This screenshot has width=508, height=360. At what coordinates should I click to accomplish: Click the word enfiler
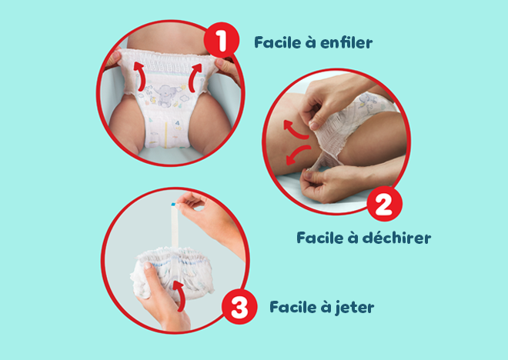click(344, 42)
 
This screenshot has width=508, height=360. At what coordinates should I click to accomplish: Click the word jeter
click(356, 308)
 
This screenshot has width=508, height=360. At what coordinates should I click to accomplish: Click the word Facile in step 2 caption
click(321, 238)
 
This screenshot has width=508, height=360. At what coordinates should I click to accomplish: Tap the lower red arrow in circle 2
click(292, 155)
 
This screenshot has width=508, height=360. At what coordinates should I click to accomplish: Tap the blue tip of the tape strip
click(170, 205)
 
